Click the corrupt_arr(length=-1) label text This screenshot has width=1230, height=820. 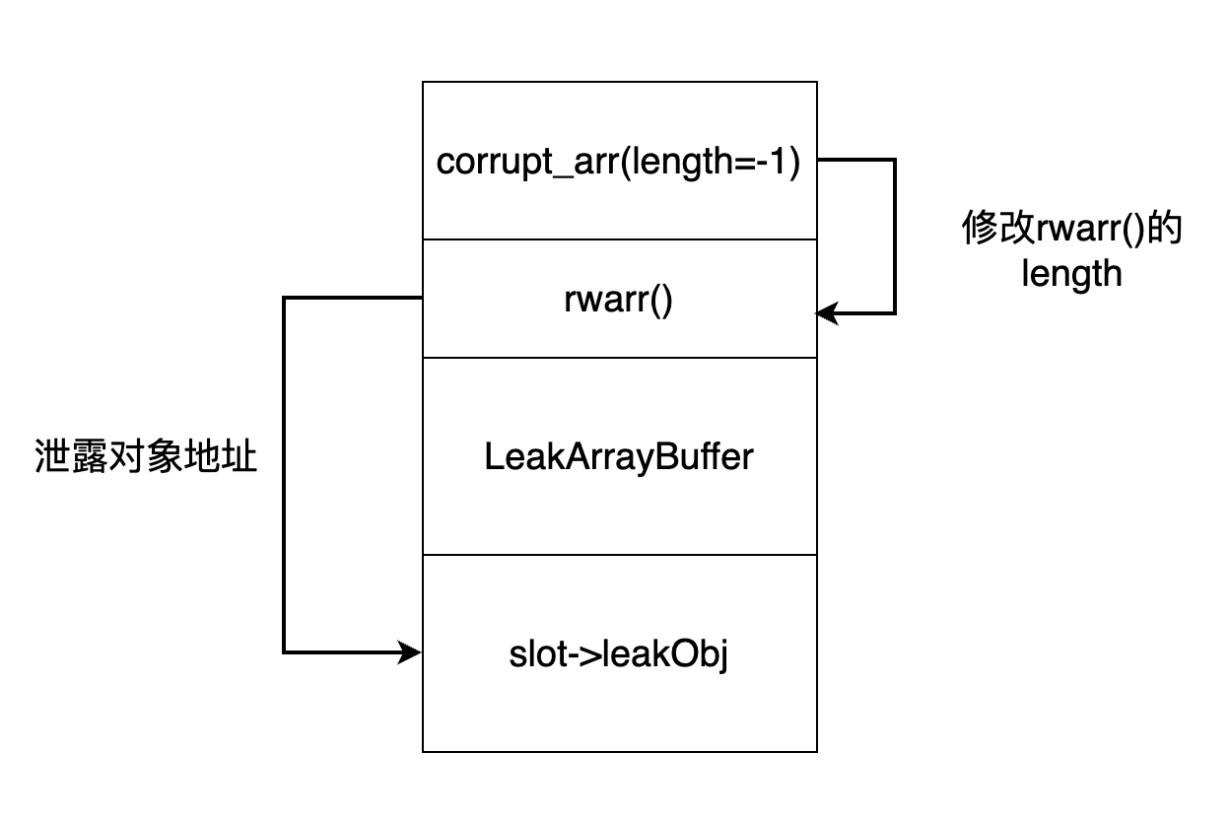[x=619, y=162]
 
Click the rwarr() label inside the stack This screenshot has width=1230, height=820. [x=619, y=300]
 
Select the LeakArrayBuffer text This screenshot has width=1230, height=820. [x=619, y=457]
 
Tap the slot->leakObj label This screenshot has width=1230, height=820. [x=619, y=654]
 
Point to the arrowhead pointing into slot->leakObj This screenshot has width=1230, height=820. [x=412, y=651]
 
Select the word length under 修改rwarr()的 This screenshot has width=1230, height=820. [x=1071, y=273]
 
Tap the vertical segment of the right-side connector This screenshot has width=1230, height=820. [x=894, y=237]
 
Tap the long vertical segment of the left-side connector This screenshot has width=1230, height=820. [x=284, y=473]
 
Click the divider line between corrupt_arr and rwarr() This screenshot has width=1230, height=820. [x=619, y=239]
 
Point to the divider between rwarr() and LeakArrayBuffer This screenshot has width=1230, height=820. [x=619, y=358]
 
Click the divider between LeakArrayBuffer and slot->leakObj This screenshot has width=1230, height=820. [x=619, y=555]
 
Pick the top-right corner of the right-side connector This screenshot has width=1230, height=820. [x=894, y=160]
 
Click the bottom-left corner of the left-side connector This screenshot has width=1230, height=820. [x=284, y=651]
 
